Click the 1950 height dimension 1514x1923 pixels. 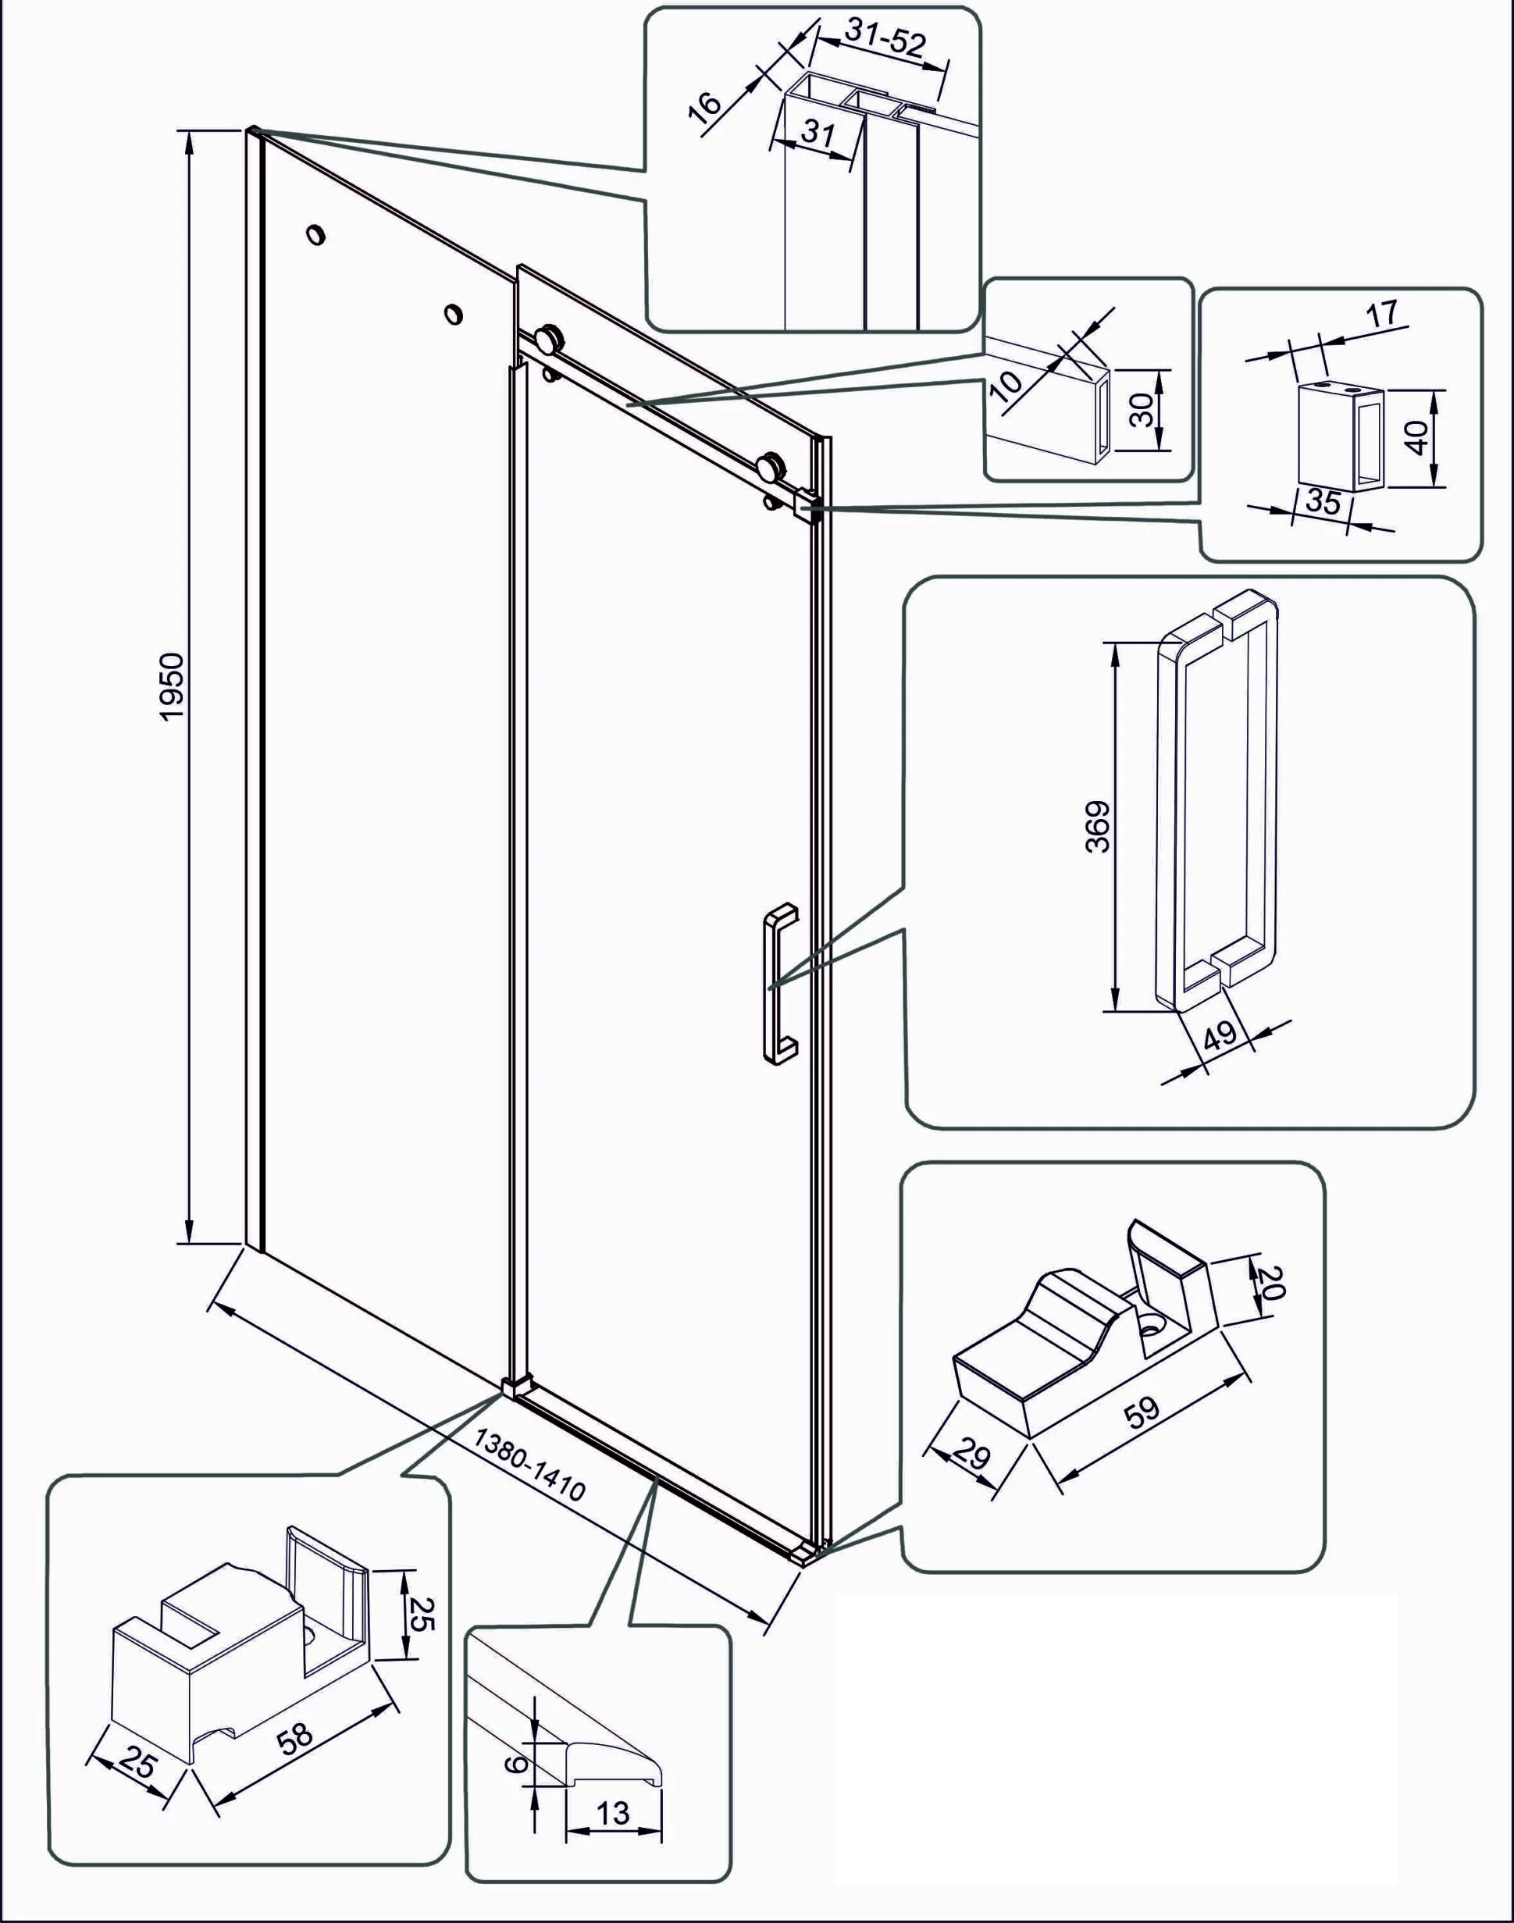click(x=172, y=686)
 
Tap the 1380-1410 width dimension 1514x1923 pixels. click(x=529, y=1464)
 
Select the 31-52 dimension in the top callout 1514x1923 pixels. click(x=884, y=39)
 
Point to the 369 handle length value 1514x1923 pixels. click(x=1097, y=826)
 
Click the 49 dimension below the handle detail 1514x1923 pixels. click(x=1220, y=1035)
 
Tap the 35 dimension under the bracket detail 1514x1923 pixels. click(x=1323, y=501)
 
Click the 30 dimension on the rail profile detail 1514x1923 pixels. click(x=1142, y=409)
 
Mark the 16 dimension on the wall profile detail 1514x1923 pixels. click(x=706, y=105)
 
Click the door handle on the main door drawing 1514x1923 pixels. click(x=778, y=983)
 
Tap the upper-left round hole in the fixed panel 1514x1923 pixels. click(x=314, y=234)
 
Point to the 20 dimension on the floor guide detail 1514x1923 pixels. click(x=1271, y=1281)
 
